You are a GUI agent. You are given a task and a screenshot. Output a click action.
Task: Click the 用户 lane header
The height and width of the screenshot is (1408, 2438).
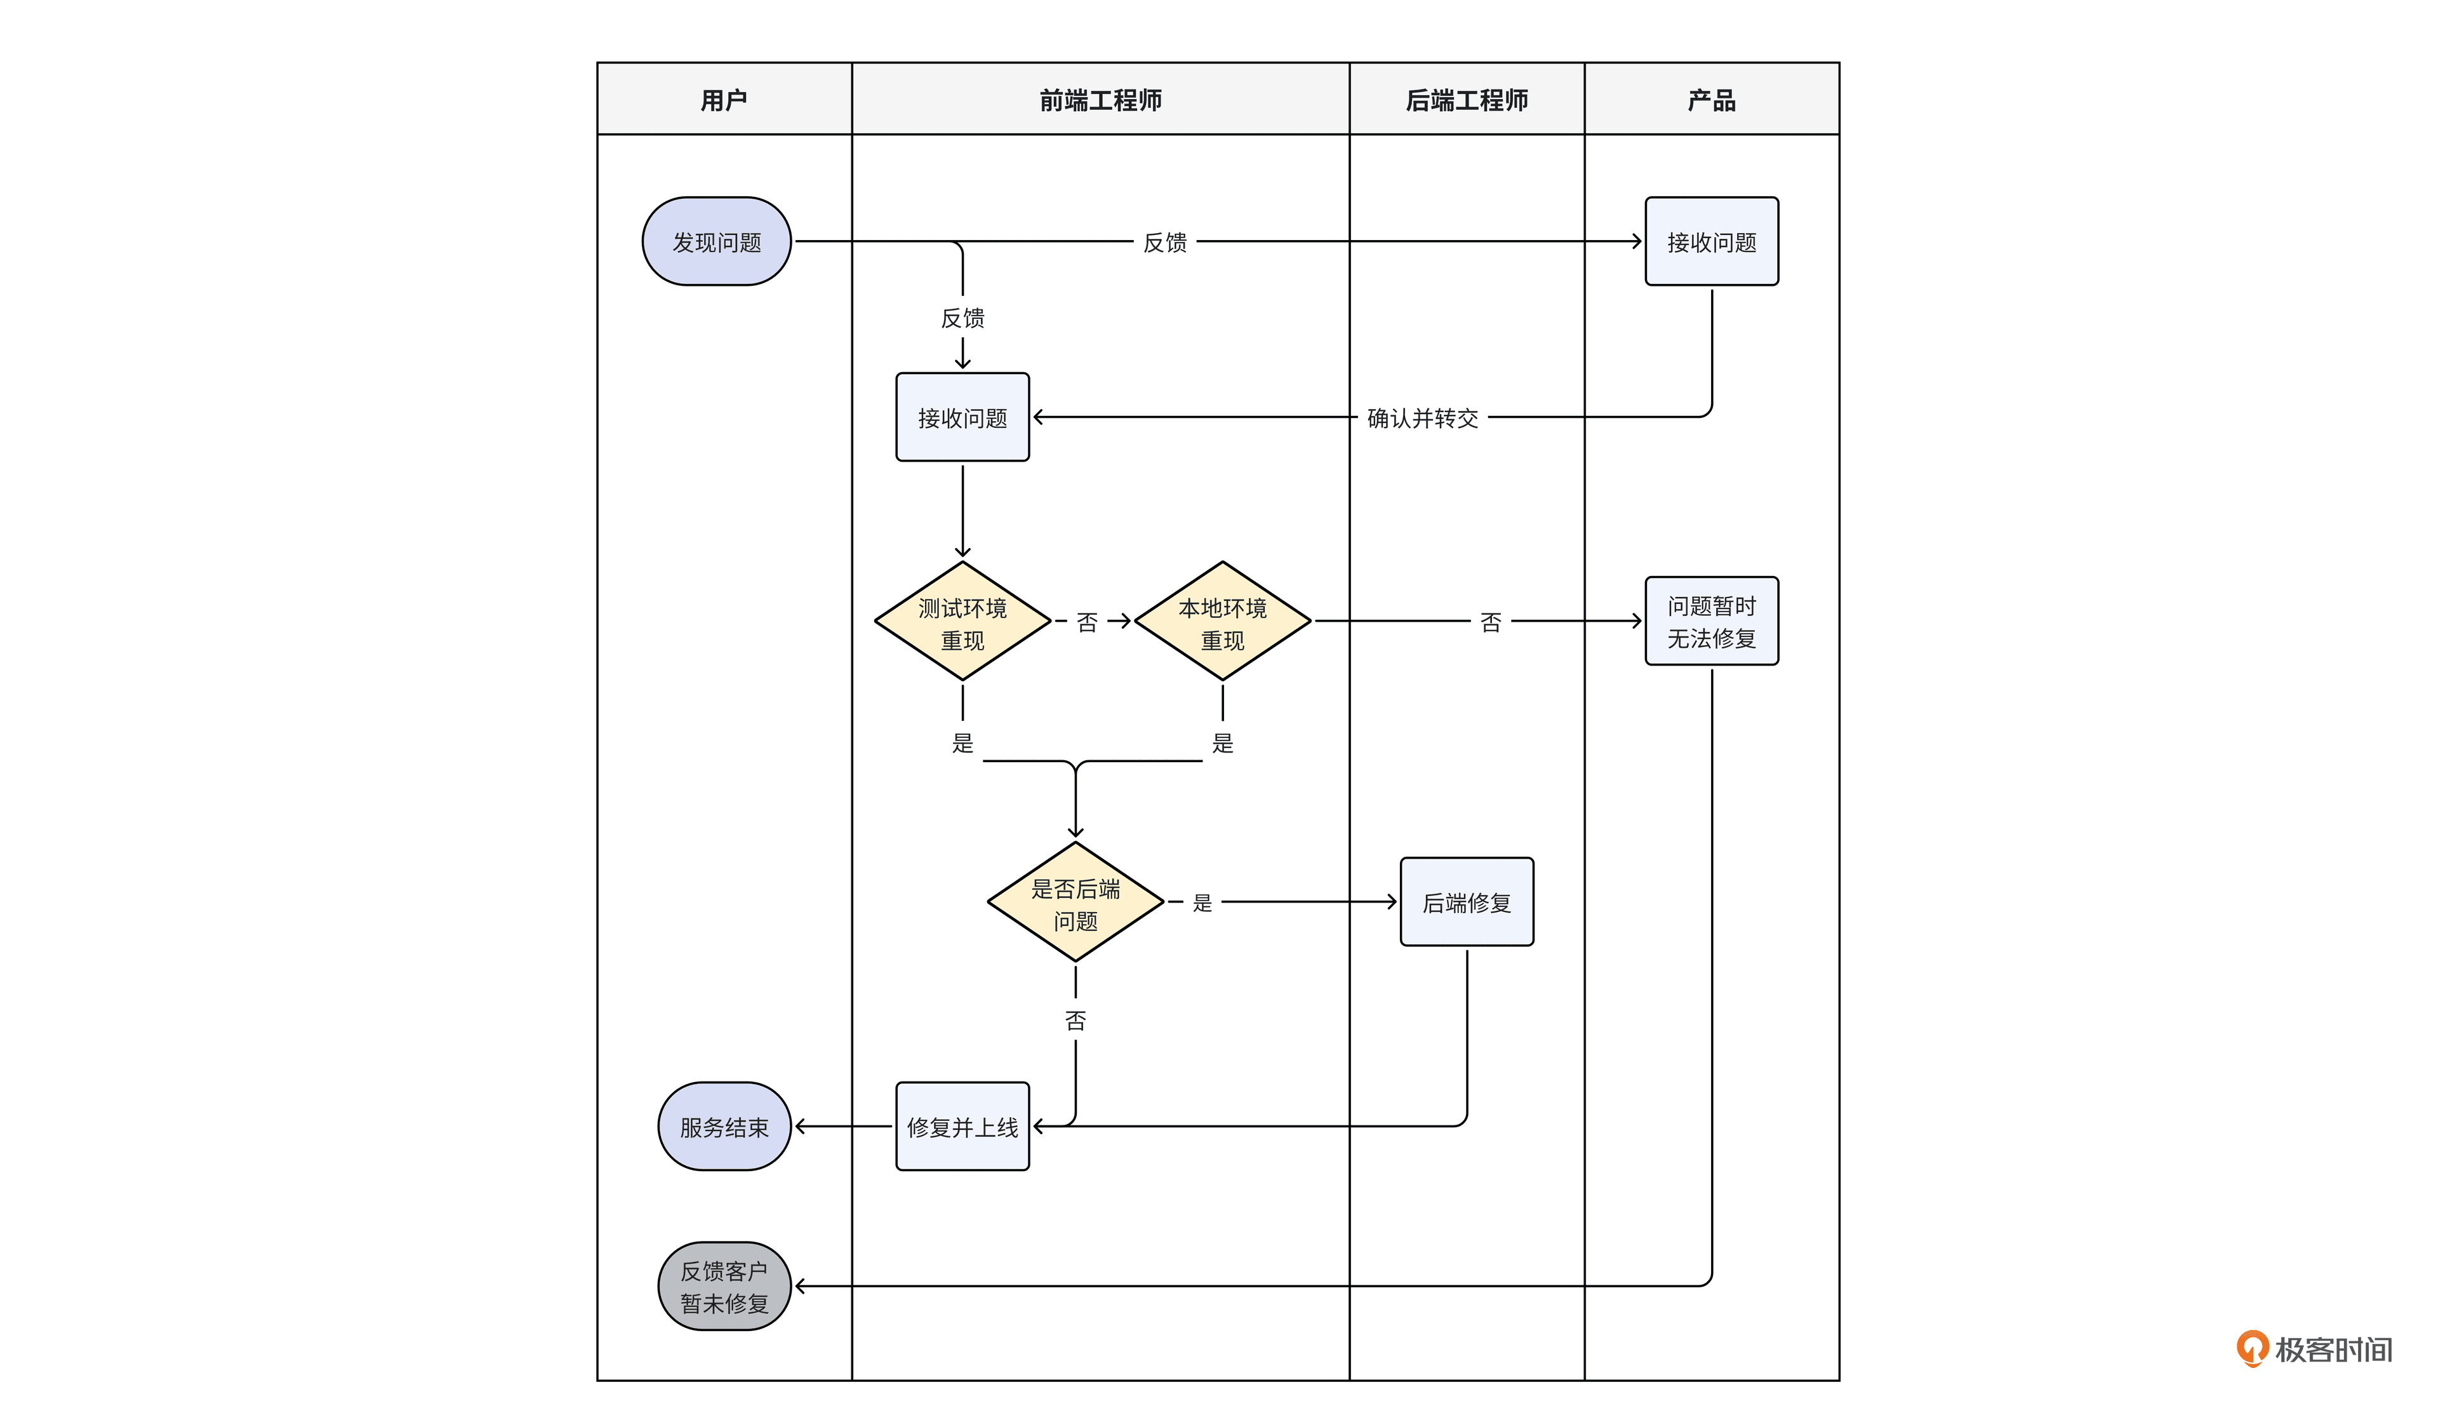point(724,100)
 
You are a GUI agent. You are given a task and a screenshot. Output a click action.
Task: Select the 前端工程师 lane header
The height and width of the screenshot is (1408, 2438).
point(1100,100)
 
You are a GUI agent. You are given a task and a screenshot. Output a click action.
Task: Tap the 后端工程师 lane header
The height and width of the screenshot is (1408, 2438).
point(1467,100)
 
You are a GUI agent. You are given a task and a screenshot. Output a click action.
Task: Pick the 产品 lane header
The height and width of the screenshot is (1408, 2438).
point(1711,100)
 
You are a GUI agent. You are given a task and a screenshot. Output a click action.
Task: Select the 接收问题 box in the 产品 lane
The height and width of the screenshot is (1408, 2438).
point(1711,242)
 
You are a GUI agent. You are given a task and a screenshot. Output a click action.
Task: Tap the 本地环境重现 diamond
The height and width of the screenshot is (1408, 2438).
point(1222,622)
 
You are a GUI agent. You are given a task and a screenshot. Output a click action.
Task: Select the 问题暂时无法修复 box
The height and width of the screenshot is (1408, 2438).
point(1711,621)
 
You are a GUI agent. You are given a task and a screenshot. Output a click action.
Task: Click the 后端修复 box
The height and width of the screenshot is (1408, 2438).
point(1467,902)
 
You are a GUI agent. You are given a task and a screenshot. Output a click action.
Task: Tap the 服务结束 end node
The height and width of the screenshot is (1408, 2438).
point(724,1127)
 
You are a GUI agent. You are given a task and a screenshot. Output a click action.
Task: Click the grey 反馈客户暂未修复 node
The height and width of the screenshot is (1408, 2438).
point(724,1286)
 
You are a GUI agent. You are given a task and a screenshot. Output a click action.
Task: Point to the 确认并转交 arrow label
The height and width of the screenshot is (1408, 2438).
point(1422,418)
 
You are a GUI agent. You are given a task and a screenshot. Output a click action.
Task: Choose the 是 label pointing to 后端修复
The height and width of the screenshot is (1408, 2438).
point(1202,903)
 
